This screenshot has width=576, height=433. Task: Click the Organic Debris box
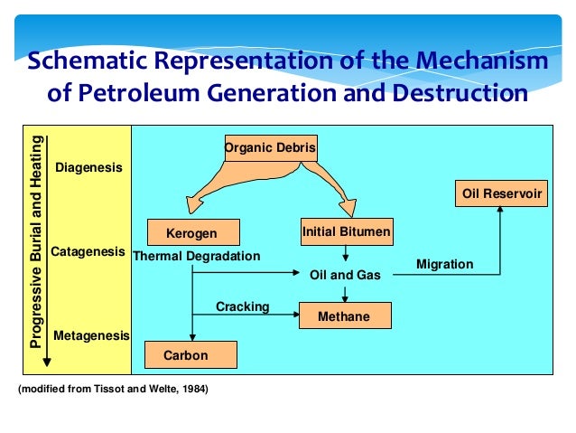click(x=270, y=147)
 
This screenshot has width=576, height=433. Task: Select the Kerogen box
click(x=191, y=233)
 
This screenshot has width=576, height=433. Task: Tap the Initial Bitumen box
click(x=346, y=232)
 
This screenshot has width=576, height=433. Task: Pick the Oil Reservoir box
click(x=503, y=193)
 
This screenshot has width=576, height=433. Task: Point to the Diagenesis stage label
click(x=89, y=168)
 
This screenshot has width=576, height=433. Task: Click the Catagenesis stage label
click(x=88, y=251)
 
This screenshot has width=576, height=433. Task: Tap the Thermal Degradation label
click(x=196, y=256)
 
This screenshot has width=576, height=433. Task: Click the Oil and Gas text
click(x=345, y=274)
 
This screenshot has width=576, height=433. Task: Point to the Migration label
click(x=444, y=264)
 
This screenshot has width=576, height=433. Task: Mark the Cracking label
click(x=242, y=306)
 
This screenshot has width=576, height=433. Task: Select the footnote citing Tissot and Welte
click(x=113, y=390)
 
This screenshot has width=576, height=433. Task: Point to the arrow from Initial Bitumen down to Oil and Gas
click(x=346, y=253)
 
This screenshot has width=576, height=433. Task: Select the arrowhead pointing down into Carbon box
click(x=191, y=335)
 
